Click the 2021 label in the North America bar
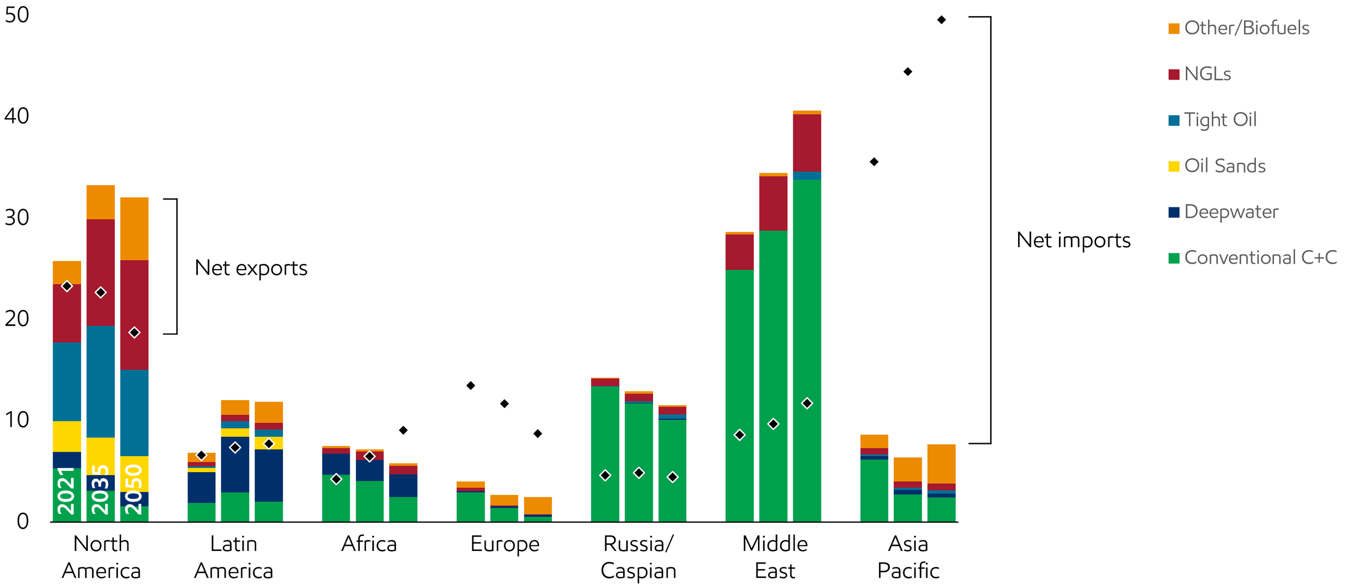pos(66,491)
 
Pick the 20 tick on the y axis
pos(17,318)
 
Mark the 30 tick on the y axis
pos(17,217)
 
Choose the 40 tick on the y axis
pos(17,115)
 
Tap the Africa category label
pos(369,544)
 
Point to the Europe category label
pos(505,544)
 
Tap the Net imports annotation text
pos(1075,241)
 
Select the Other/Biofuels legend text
pos(1246,28)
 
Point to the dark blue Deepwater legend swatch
pos(1174,212)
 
